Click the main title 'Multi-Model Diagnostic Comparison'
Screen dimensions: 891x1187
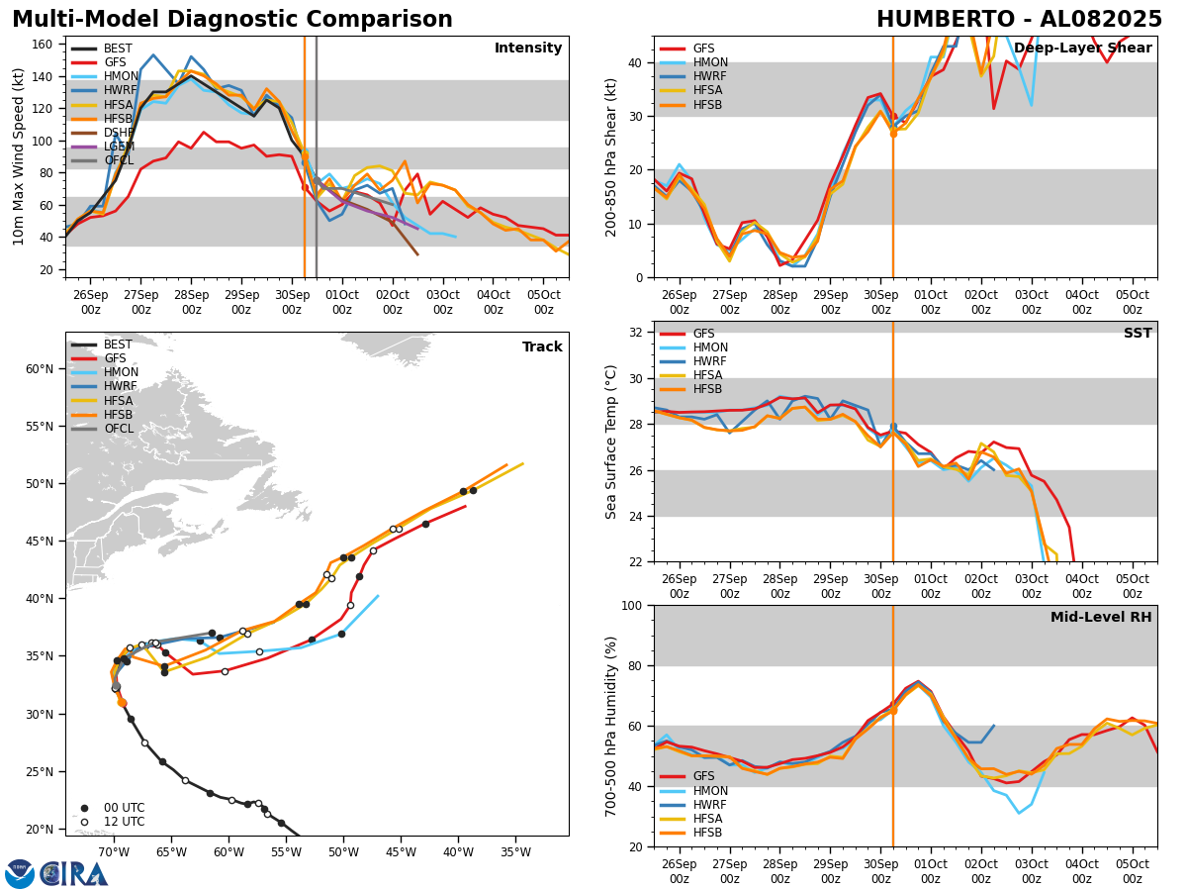click(x=231, y=20)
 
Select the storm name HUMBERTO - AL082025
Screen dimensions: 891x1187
click(x=1019, y=20)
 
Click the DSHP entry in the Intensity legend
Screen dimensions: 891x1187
click(x=118, y=132)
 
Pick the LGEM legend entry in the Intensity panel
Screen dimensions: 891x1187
click(x=118, y=146)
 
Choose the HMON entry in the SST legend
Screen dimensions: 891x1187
click(x=709, y=347)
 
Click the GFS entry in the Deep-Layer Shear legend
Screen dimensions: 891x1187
click(x=703, y=49)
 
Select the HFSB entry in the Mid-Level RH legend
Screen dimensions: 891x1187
click(x=707, y=833)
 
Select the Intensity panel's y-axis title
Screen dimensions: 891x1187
click(x=18, y=156)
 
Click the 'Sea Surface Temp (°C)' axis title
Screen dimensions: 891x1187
click(x=611, y=442)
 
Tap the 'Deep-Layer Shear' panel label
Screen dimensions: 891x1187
click(x=1082, y=49)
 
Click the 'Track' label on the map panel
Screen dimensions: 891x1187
click(x=542, y=347)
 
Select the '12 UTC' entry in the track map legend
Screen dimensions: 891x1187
click(x=123, y=822)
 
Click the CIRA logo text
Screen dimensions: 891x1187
click(x=73, y=873)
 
